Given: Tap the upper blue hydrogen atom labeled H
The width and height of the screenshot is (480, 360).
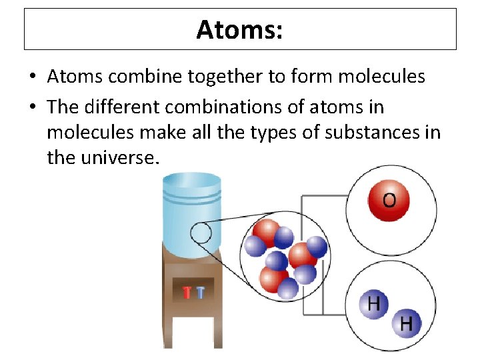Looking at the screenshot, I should (x=374, y=305).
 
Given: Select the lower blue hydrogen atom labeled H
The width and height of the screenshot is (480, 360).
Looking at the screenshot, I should (x=406, y=325).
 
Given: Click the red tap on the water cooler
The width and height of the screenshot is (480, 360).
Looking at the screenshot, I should (x=187, y=292).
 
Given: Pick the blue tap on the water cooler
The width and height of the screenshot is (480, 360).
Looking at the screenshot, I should (x=200, y=292).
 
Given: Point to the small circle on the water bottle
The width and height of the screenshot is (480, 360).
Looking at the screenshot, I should (x=201, y=233).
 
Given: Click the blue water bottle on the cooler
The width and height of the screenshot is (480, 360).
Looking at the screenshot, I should (x=192, y=213).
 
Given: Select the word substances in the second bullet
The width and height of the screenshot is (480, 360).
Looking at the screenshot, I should (x=377, y=132).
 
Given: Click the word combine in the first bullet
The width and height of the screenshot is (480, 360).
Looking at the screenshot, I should (x=136, y=77).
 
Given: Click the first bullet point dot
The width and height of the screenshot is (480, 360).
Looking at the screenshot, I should (x=33, y=77).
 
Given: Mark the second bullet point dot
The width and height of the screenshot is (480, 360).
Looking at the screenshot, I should (x=33, y=107).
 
